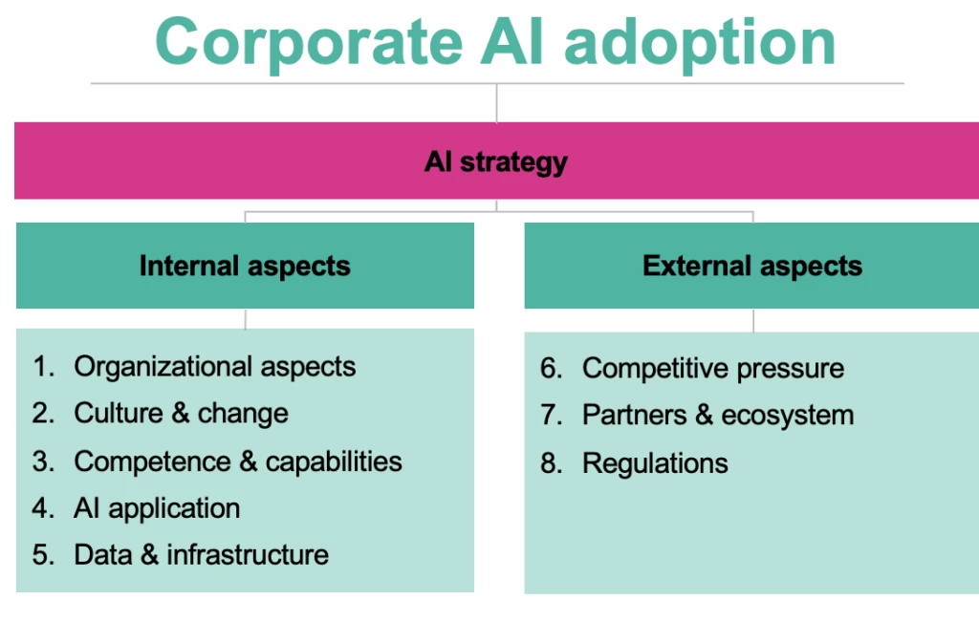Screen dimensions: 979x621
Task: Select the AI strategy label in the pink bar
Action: [495, 161]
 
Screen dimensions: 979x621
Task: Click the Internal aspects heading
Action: [245, 266]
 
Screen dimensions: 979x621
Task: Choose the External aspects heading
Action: [752, 266]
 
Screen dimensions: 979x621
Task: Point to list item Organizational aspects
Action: [214, 366]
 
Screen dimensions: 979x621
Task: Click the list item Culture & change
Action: [181, 413]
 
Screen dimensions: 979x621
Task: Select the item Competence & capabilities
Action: [237, 460]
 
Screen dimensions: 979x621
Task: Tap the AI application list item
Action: [157, 507]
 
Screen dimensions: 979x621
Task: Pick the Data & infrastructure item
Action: [201, 554]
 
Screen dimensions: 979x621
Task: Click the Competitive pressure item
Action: [712, 368]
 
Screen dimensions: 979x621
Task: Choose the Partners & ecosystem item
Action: [717, 415]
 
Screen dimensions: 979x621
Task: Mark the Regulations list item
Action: [655, 463]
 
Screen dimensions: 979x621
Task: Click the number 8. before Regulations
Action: [552, 463]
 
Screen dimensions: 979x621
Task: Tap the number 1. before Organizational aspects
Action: [44, 366]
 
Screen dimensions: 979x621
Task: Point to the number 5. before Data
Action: [44, 554]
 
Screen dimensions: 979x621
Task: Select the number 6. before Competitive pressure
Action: [552, 368]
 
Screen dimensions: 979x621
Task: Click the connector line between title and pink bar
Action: [496, 103]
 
